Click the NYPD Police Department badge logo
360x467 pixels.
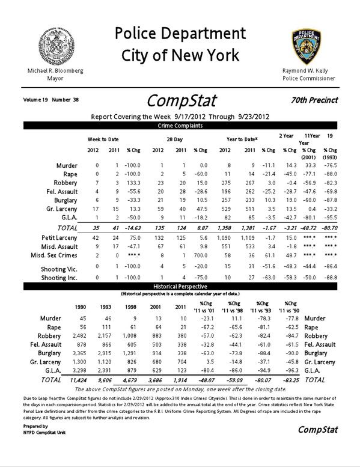point(307,46)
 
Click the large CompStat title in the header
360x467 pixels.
point(181,99)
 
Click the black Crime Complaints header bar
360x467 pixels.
point(180,126)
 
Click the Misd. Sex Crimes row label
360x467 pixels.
point(56,256)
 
